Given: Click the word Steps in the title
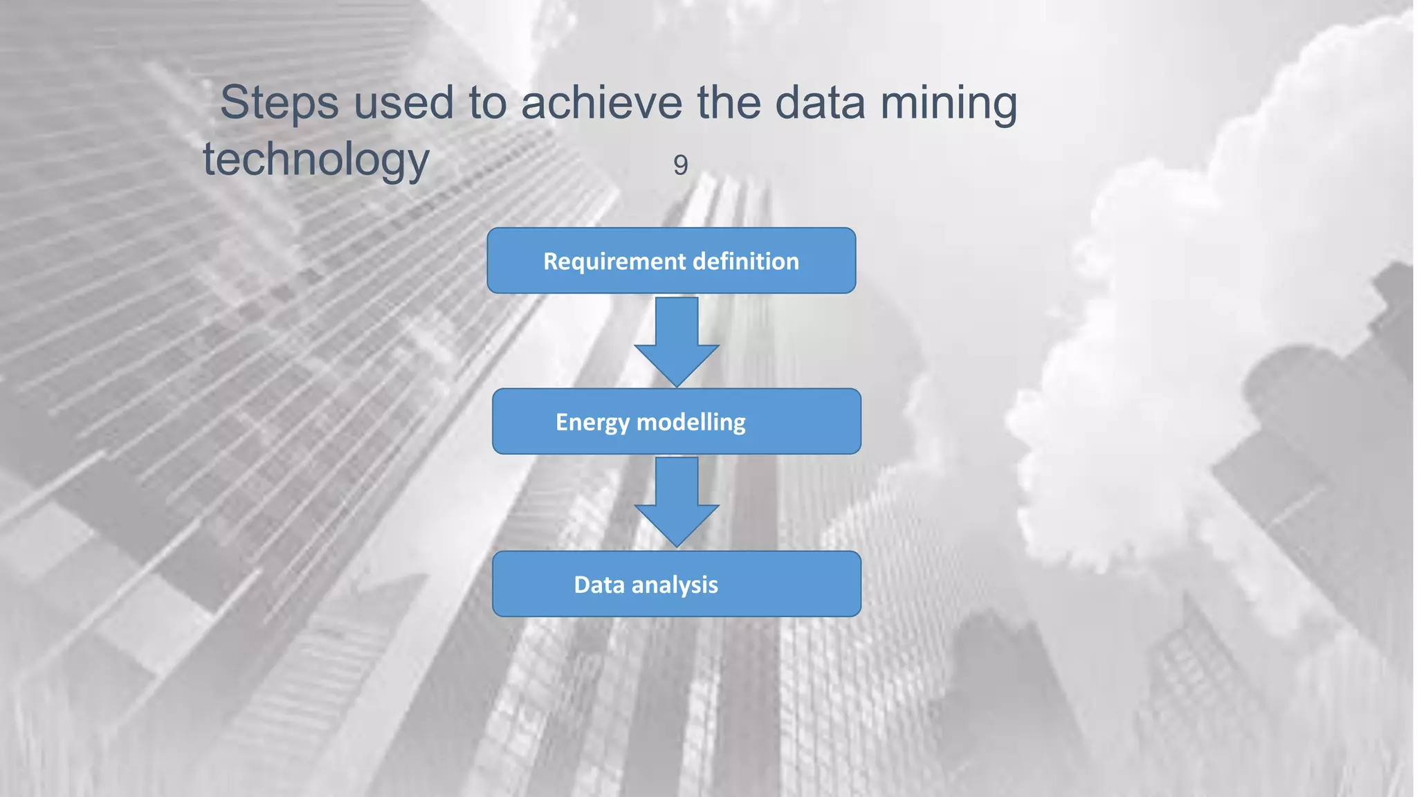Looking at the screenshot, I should (279, 103).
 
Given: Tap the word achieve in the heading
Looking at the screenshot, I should (601, 103).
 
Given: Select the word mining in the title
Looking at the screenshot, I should (948, 103).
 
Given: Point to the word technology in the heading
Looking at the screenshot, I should (316, 160).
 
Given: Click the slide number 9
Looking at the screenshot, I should (680, 165).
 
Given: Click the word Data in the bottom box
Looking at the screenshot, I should (599, 585).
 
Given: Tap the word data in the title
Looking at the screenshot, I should (820, 103).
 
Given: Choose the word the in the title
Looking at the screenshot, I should (728, 103).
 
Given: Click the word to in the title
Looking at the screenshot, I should (487, 103).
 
